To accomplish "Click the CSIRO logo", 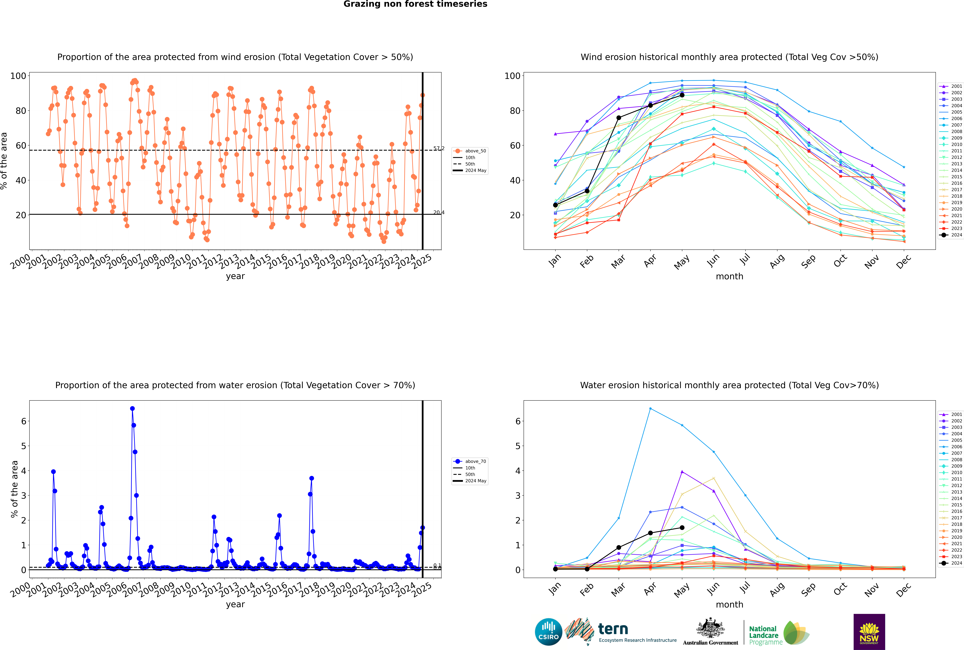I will [548, 632].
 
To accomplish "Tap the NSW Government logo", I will [869, 631].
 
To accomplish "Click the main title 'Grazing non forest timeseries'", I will [415, 4].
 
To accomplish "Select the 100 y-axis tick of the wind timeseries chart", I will [18, 76].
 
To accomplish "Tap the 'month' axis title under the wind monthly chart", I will [729, 277].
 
